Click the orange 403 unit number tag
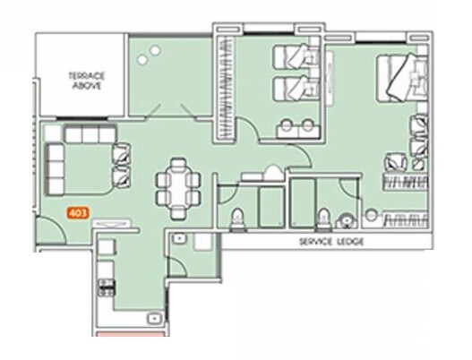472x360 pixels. coord(78,215)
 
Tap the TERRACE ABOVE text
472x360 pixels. coord(87,81)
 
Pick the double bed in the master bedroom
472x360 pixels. coord(402,81)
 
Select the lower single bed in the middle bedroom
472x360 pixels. coord(295,89)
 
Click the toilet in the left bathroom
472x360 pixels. coord(237,219)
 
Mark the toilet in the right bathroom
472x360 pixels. coord(323,219)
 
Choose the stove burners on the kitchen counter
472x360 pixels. coord(106,287)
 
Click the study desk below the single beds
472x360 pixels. coord(296,125)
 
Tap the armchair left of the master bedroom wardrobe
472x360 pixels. coord(391,164)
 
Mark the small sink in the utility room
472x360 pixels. coord(180,239)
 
